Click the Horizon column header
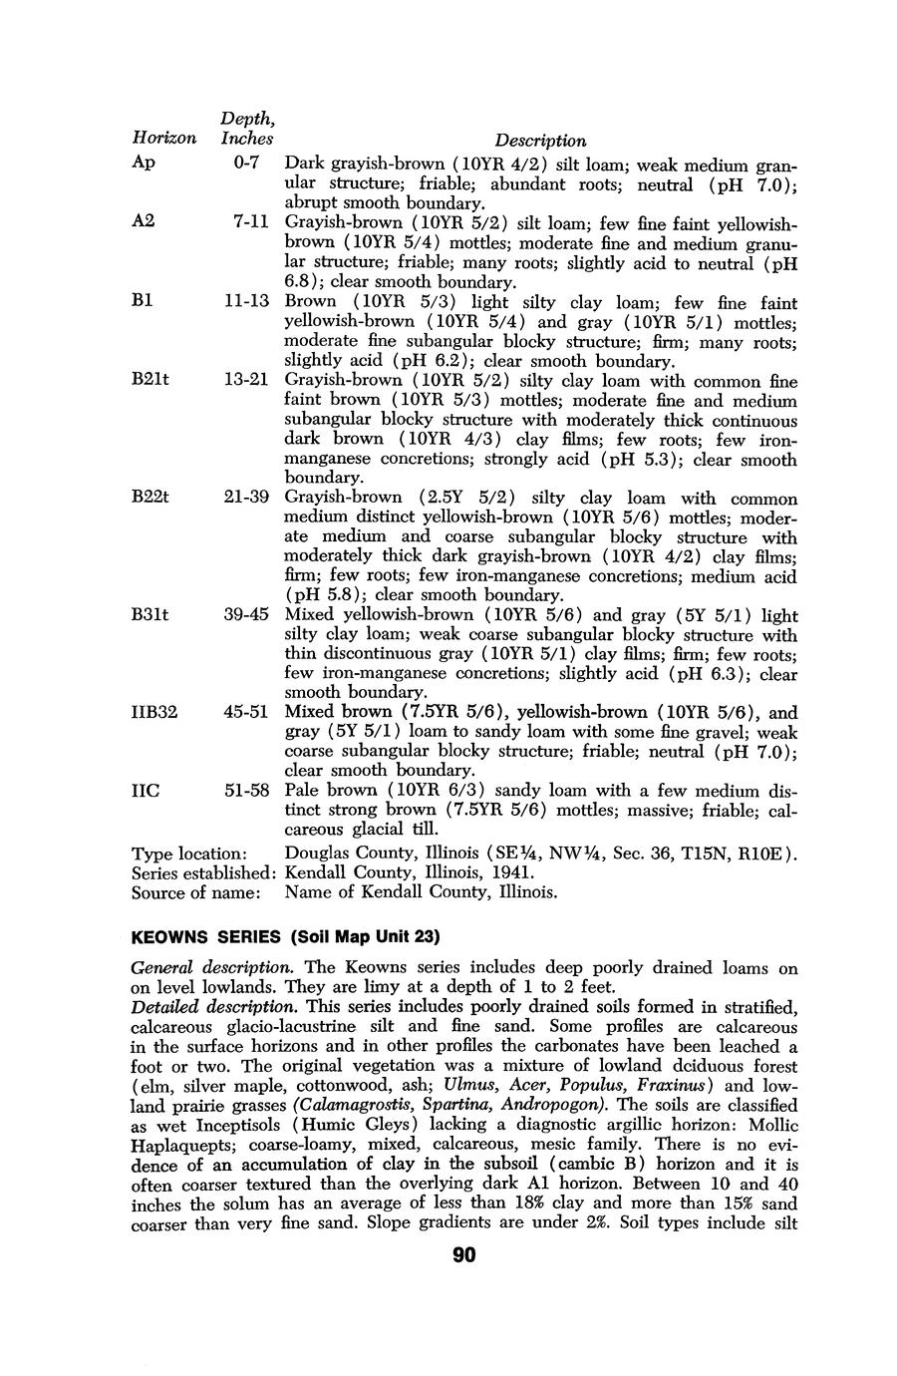163,140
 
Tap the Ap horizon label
144,163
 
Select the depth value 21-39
247,497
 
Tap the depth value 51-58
247,790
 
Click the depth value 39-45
247,614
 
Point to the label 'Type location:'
189,855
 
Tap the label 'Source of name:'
195,892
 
